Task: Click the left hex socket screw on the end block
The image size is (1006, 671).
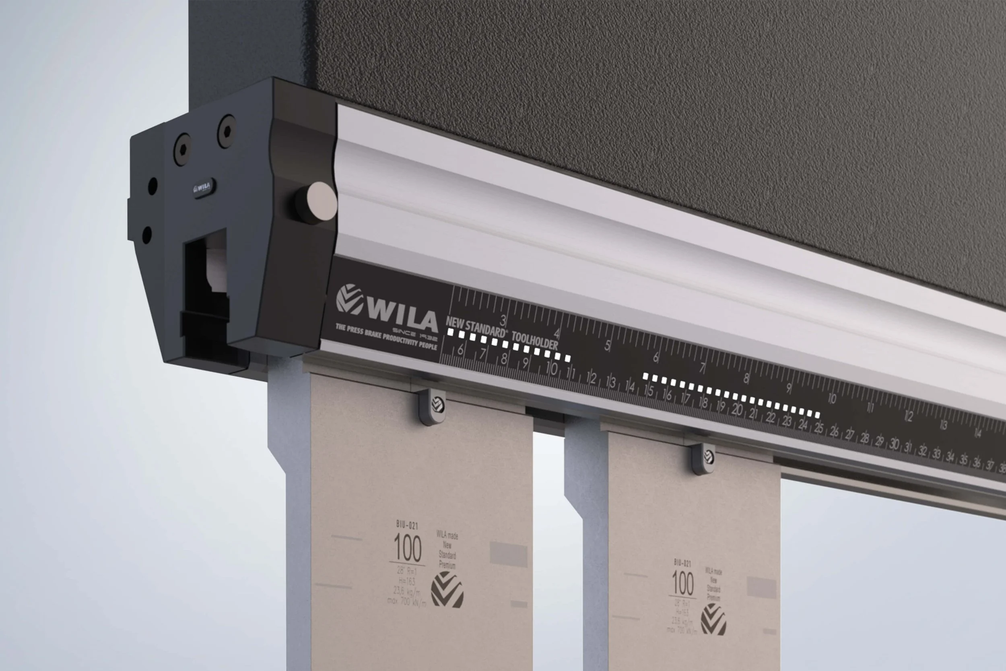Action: click(x=183, y=149)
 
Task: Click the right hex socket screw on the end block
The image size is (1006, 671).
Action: click(x=227, y=131)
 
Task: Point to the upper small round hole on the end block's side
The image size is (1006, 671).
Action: click(x=152, y=186)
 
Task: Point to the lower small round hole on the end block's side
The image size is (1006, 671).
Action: click(x=147, y=235)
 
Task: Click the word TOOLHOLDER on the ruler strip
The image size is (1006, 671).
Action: click(x=535, y=341)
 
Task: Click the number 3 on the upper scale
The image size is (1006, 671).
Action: click(x=503, y=320)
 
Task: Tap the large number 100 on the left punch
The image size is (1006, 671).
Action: click(x=407, y=548)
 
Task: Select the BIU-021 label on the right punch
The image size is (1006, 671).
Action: click(x=682, y=563)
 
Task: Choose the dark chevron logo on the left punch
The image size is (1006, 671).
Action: click(x=447, y=590)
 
